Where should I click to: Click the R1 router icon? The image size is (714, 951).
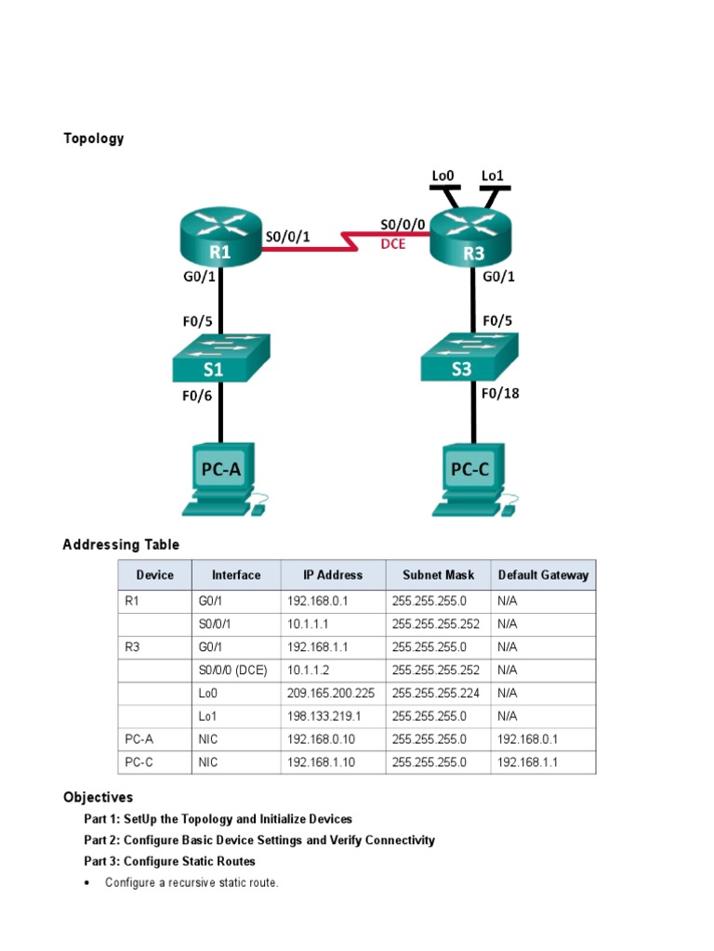click(x=219, y=238)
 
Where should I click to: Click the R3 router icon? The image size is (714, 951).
click(x=471, y=238)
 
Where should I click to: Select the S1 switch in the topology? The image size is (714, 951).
click(x=220, y=358)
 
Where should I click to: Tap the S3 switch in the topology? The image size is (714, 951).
click(x=468, y=358)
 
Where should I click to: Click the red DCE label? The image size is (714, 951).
click(x=393, y=244)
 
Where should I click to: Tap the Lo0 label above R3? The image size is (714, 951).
click(x=443, y=175)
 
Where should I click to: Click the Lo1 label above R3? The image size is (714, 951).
click(x=493, y=175)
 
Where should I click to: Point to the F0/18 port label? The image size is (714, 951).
click(x=500, y=393)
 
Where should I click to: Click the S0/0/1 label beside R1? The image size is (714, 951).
click(x=287, y=237)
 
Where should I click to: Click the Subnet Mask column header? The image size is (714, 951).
click(x=438, y=575)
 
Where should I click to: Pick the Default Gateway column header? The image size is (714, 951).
click(x=543, y=575)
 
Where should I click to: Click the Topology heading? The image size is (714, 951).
click(x=93, y=138)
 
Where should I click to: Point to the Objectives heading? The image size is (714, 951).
click(x=98, y=797)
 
